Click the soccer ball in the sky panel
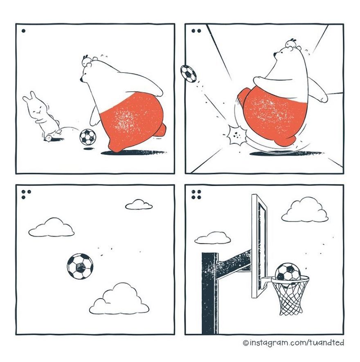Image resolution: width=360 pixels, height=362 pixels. tap(80, 266)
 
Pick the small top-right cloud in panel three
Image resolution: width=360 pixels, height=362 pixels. tap(139, 204)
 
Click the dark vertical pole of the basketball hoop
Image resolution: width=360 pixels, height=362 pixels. tap(210, 293)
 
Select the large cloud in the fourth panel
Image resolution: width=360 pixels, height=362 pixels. tap(304, 211)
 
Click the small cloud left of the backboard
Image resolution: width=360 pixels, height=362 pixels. tap(212, 238)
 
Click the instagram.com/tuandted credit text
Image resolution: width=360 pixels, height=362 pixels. tap(293, 343)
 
